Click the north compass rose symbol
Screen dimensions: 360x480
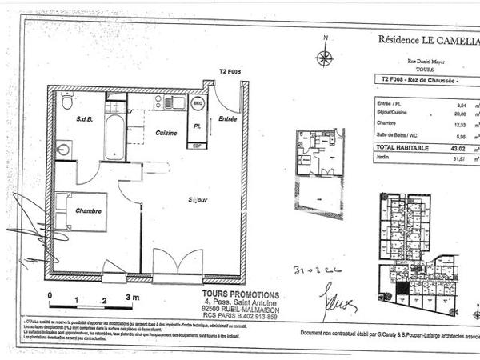point(325,57)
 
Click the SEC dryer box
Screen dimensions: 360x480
point(198,104)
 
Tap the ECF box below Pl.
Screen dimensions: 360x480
point(196,146)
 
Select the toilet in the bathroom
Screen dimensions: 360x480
point(68,102)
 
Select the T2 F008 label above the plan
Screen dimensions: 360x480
point(230,72)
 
